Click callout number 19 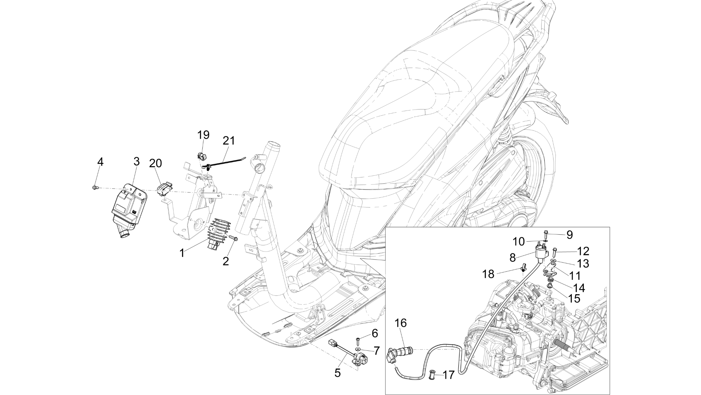click(203, 135)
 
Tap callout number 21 click(229, 141)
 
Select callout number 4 click(100, 162)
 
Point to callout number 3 click(136, 161)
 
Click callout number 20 click(155, 163)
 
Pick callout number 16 click(401, 323)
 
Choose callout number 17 click(448, 375)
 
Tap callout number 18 click(488, 274)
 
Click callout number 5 click(337, 373)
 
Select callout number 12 click(583, 251)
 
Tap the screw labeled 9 click(546, 235)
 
